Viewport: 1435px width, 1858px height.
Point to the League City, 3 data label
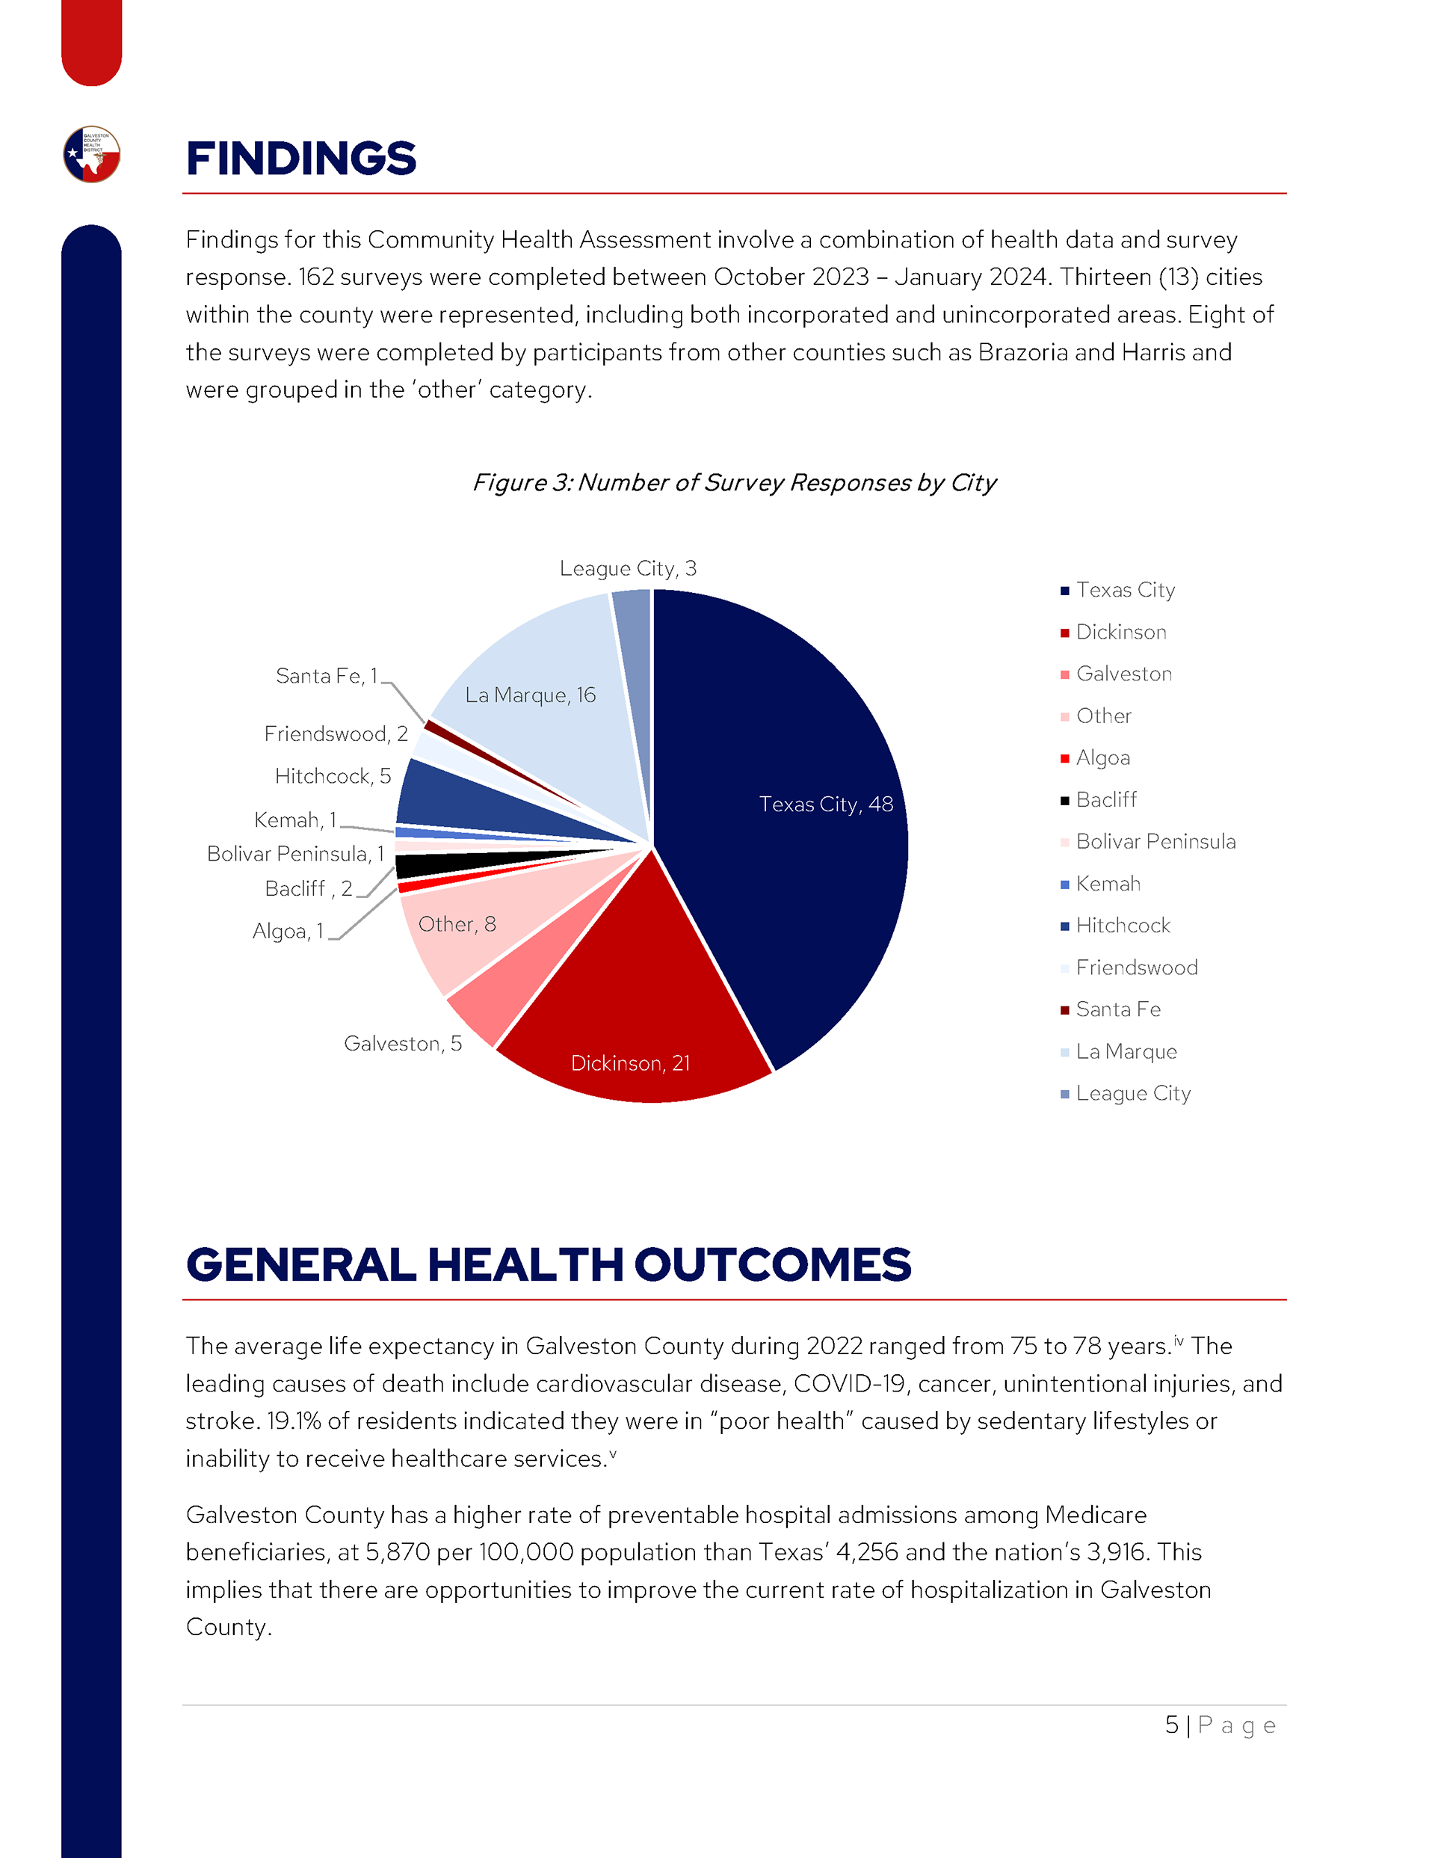coord(628,568)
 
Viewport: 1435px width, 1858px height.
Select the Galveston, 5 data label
coord(402,1043)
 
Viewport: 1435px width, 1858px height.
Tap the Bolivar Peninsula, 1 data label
coord(295,853)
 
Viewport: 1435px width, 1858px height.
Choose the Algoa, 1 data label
coord(288,931)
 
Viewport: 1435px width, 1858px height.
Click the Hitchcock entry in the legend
coord(1122,925)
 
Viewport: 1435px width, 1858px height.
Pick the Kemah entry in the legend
coord(1108,883)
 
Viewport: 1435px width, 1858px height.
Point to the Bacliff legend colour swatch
coord(1064,801)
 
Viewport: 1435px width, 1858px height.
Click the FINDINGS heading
coord(301,159)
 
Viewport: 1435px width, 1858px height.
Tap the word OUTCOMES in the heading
coord(772,1264)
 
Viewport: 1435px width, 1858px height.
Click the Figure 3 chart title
coord(734,482)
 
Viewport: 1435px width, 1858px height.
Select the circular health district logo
coord(92,154)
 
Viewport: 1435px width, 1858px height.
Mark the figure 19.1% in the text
coord(294,1421)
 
